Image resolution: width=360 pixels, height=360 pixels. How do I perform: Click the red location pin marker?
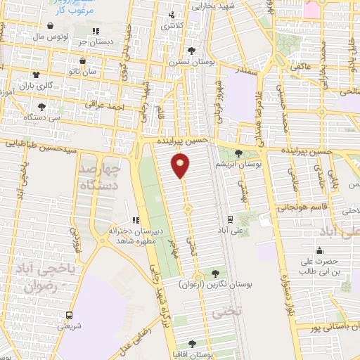point(181,165)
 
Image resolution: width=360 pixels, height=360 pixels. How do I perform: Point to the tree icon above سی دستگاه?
point(42,107)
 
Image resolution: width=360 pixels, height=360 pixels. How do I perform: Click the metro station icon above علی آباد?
point(231,219)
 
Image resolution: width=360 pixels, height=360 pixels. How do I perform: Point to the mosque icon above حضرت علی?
point(320,250)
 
